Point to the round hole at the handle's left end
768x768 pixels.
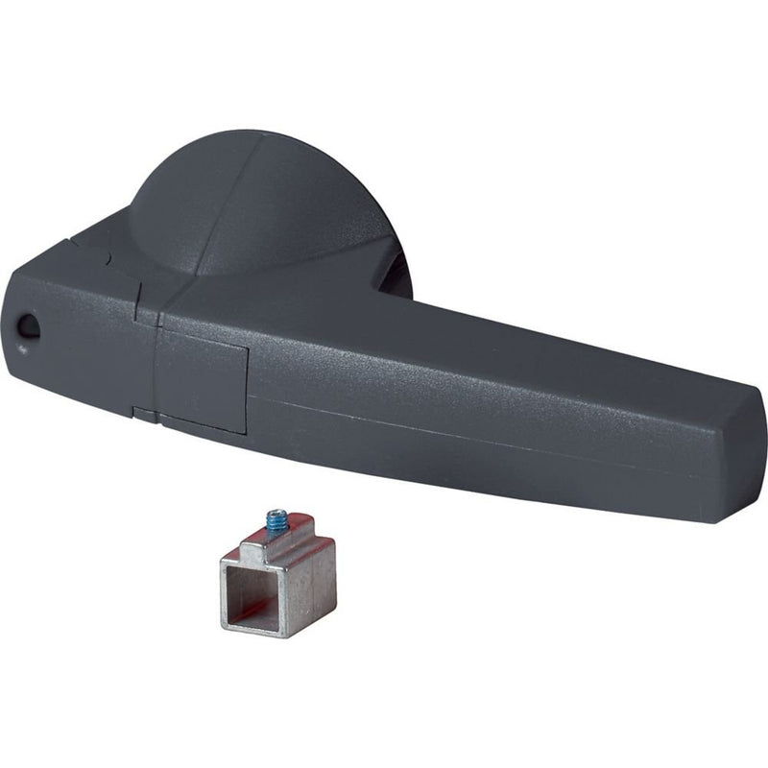[x=30, y=326]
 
